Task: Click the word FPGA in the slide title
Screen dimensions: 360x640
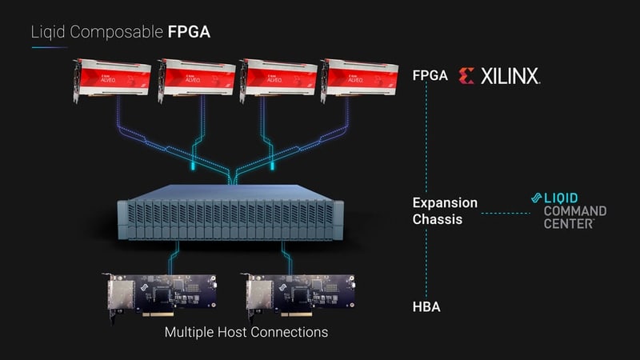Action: (190, 33)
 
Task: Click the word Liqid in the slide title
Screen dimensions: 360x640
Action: (46, 33)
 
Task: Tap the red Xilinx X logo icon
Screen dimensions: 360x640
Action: (466, 76)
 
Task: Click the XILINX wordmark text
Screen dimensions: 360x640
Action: (510, 76)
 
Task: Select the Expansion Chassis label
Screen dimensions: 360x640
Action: (444, 210)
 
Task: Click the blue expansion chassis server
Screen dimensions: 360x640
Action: (225, 212)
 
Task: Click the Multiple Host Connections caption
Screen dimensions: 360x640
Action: (246, 331)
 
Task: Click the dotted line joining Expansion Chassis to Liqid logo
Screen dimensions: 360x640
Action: (506, 212)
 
